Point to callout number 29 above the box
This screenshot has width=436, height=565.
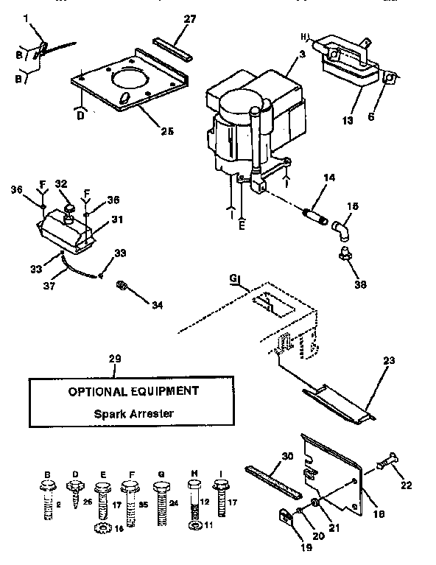(114, 359)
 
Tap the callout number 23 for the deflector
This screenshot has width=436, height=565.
(389, 361)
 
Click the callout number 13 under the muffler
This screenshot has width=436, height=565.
(345, 121)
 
